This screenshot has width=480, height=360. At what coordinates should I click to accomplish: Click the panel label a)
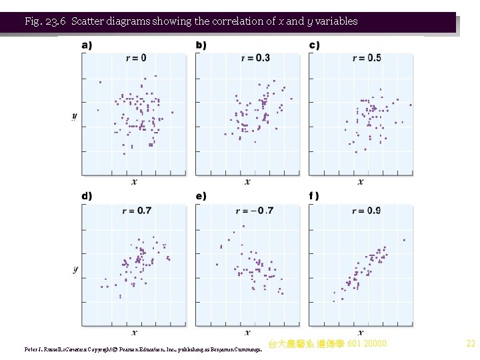(x=87, y=45)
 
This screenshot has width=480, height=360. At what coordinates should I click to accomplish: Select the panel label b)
(x=201, y=45)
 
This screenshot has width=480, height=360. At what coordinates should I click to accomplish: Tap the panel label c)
(x=314, y=45)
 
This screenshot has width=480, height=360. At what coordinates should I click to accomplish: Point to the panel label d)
(x=87, y=196)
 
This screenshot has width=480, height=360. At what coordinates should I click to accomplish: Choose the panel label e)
(x=201, y=196)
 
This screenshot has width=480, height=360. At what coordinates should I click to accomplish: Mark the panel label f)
(x=314, y=196)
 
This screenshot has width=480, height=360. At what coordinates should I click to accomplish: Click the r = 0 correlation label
(x=136, y=58)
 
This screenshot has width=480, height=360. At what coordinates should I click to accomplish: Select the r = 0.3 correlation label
(x=255, y=58)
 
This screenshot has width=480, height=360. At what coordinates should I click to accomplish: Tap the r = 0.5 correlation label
(x=367, y=58)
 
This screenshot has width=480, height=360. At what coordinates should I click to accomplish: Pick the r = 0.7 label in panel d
(x=137, y=211)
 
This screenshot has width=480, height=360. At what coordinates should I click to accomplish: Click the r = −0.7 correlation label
(x=255, y=211)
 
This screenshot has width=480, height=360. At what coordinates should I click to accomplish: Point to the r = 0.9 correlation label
(x=367, y=211)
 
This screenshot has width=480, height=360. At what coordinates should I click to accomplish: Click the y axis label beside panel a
(x=75, y=117)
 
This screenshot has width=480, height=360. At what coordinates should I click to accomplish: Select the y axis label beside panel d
(x=75, y=269)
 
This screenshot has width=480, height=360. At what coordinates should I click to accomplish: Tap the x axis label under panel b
(x=247, y=181)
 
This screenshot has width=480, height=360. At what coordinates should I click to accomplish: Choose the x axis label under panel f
(x=361, y=332)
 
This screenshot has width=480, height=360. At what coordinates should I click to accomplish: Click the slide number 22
(x=470, y=344)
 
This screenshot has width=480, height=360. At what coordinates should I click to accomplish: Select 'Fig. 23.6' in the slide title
(x=45, y=21)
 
